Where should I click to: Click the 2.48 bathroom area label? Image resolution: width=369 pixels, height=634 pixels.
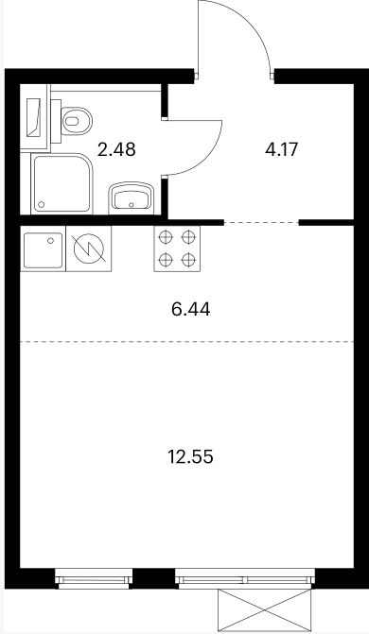[116, 149]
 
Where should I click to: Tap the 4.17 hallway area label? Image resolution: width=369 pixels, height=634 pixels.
[282, 149]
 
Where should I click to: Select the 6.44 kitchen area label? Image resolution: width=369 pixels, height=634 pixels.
[191, 310]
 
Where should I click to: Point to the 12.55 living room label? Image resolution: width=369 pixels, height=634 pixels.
[190, 457]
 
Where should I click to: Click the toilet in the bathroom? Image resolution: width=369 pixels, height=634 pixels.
[77, 121]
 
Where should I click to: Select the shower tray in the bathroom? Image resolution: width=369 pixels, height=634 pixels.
[61, 183]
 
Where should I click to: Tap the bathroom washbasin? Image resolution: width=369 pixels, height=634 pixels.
[132, 198]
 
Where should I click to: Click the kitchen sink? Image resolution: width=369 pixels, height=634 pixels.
[43, 249]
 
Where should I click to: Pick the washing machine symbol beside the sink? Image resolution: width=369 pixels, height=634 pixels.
[89, 248]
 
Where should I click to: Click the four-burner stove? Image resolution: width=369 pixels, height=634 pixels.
[177, 248]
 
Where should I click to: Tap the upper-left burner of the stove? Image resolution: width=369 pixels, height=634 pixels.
[166, 237]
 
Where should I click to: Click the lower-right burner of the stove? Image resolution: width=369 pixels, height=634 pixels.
[188, 259]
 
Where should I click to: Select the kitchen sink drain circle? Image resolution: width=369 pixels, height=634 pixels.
[51, 241]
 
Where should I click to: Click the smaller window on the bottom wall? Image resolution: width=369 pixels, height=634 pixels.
[94, 577]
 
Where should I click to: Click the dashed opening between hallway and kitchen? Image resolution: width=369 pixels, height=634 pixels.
[261, 222]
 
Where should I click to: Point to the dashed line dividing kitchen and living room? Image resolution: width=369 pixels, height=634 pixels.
[187, 342]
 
